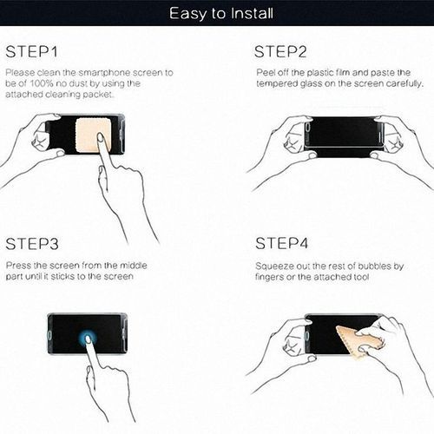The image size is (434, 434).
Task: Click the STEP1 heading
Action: click(x=33, y=50)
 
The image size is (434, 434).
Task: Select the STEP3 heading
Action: click(x=33, y=244)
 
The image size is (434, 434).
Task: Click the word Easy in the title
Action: click(x=186, y=13)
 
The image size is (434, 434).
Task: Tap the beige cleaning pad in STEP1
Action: click(x=91, y=133)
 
